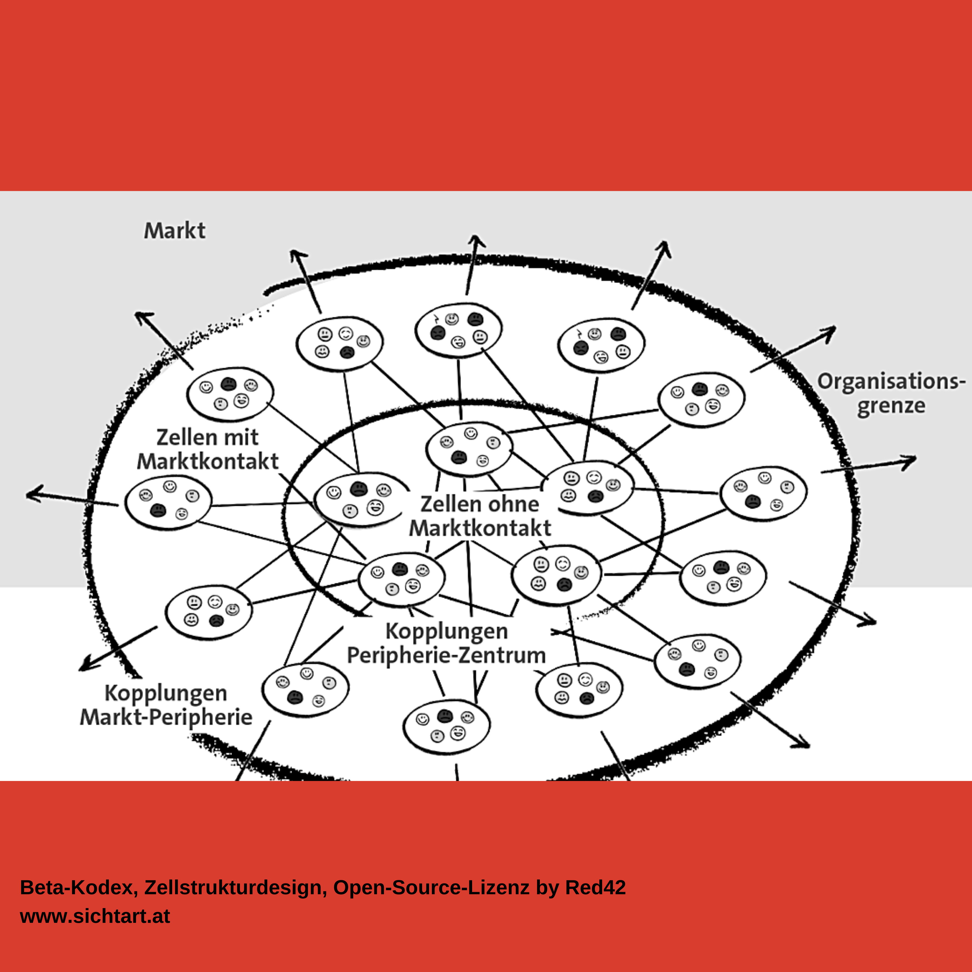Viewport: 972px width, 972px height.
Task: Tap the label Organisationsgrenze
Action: (x=891, y=394)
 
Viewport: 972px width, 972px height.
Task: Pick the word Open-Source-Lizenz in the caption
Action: (x=432, y=888)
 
